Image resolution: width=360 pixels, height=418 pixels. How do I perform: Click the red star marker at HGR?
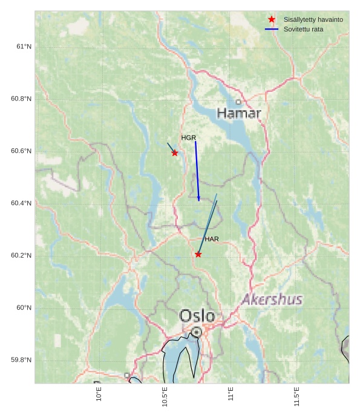pos(175,153)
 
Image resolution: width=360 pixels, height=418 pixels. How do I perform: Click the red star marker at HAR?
pos(198,255)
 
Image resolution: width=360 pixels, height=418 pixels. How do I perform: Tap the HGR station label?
pos(189,138)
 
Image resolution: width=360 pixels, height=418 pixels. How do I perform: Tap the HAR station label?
pos(212,240)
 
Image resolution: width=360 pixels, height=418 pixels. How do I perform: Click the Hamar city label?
pos(239,113)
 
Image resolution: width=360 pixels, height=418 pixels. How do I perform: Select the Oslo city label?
pos(197,316)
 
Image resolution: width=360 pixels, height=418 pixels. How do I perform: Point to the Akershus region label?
pos(272,299)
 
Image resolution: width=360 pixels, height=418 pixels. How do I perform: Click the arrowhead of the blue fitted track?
pos(198,199)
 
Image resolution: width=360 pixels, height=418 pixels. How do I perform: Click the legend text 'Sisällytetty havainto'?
pos(313,20)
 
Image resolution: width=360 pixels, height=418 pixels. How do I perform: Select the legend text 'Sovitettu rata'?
pos(304,29)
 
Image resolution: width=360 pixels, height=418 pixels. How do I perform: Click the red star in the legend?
pos(272,19)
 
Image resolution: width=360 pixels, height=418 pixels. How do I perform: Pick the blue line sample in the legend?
pos(272,29)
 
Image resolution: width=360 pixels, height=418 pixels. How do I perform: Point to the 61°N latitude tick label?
pos(24,47)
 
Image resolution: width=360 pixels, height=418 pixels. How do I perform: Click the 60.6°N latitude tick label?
pos(21,151)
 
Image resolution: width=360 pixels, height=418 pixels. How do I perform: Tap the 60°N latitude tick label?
pos(24,308)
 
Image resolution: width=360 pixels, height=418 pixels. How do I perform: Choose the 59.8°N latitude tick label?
pos(21,361)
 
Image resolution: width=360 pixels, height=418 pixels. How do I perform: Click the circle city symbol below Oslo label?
pos(197,331)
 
